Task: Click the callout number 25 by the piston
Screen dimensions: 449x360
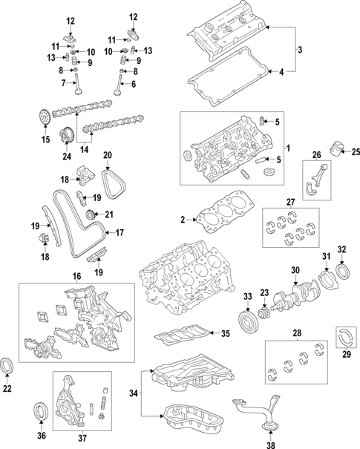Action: click(x=355, y=152)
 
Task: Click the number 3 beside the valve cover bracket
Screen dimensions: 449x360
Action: click(x=300, y=50)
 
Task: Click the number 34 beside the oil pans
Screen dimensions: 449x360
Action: click(x=134, y=393)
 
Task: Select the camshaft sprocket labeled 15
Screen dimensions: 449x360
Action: click(x=45, y=117)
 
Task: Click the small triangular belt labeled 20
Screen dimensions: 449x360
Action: click(x=114, y=181)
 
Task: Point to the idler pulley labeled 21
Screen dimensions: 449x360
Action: click(x=92, y=216)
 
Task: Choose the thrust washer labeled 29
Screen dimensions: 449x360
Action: click(x=347, y=334)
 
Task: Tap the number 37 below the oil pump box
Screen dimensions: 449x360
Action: click(x=82, y=439)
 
